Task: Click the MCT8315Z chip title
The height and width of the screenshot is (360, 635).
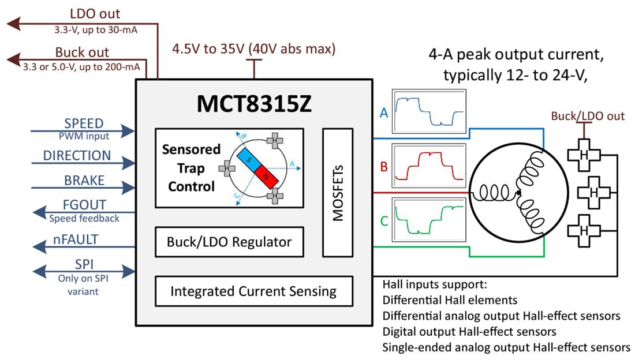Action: click(x=253, y=103)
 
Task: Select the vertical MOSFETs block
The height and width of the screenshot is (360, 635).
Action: click(x=337, y=193)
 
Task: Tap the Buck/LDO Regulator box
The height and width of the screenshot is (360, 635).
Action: click(x=229, y=242)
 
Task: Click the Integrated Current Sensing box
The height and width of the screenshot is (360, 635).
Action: click(x=253, y=291)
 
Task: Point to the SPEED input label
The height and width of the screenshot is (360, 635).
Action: click(x=84, y=123)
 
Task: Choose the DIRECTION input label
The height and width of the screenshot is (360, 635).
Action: click(x=77, y=156)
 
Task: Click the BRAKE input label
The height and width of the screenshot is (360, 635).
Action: click(x=84, y=181)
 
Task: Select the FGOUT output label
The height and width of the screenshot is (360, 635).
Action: click(x=84, y=205)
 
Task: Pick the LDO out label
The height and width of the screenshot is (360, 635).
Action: click(x=95, y=14)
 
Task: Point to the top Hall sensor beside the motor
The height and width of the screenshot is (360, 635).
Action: click(x=584, y=155)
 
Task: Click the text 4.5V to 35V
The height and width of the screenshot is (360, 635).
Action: click(x=209, y=49)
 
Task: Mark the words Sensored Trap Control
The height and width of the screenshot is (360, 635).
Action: click(x=191, y=168)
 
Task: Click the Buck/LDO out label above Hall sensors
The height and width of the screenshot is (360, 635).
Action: click(x=588, y=116)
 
